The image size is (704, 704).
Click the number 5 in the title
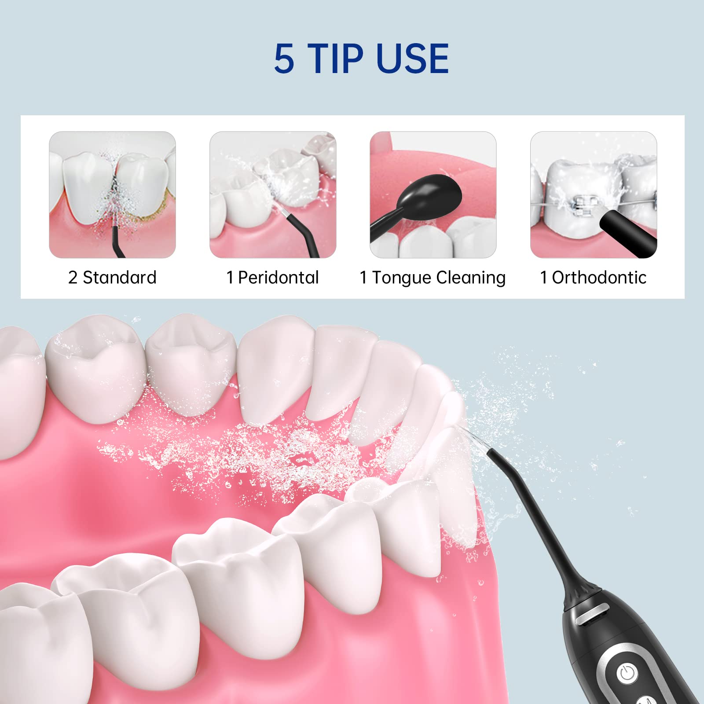pos(284,59)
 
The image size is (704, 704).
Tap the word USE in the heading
pos(413,59)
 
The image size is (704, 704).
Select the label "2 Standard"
pos(112,278)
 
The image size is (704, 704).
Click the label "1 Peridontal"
pos(272,278)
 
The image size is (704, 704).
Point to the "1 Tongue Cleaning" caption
pos(433,278)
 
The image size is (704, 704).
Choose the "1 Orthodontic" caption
pos(593,278)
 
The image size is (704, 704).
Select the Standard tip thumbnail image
pos(112,194)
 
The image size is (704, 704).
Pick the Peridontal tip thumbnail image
pos(273,194)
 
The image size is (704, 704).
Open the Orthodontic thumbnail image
pos(594,194)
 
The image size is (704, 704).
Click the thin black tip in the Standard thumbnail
pos(117,242)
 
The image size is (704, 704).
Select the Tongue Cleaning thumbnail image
pos(433,194)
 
